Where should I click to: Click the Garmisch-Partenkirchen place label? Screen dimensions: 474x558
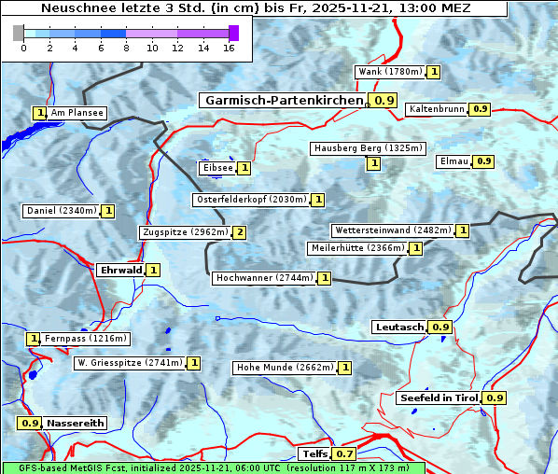(284, 100)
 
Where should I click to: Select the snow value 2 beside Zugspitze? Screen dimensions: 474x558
(240, 232)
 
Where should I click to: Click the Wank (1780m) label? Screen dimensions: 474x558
(390, 72)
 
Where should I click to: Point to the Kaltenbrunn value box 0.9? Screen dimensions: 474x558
(480, 109)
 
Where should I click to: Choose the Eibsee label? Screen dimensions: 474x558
(216, 168)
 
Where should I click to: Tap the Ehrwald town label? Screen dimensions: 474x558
(120, 270)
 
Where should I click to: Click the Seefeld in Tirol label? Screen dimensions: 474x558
(439, 397)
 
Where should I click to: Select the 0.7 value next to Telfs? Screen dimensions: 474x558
(344, 454)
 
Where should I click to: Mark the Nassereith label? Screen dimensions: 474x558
(75, 423)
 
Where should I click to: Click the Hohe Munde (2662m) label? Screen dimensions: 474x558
(284, 368)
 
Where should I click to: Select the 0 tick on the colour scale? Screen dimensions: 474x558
(23, 49)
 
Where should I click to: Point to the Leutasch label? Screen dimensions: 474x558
(399, 327)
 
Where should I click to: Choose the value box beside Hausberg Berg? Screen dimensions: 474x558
(373, 163)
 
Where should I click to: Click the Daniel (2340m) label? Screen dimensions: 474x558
(61, 211)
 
